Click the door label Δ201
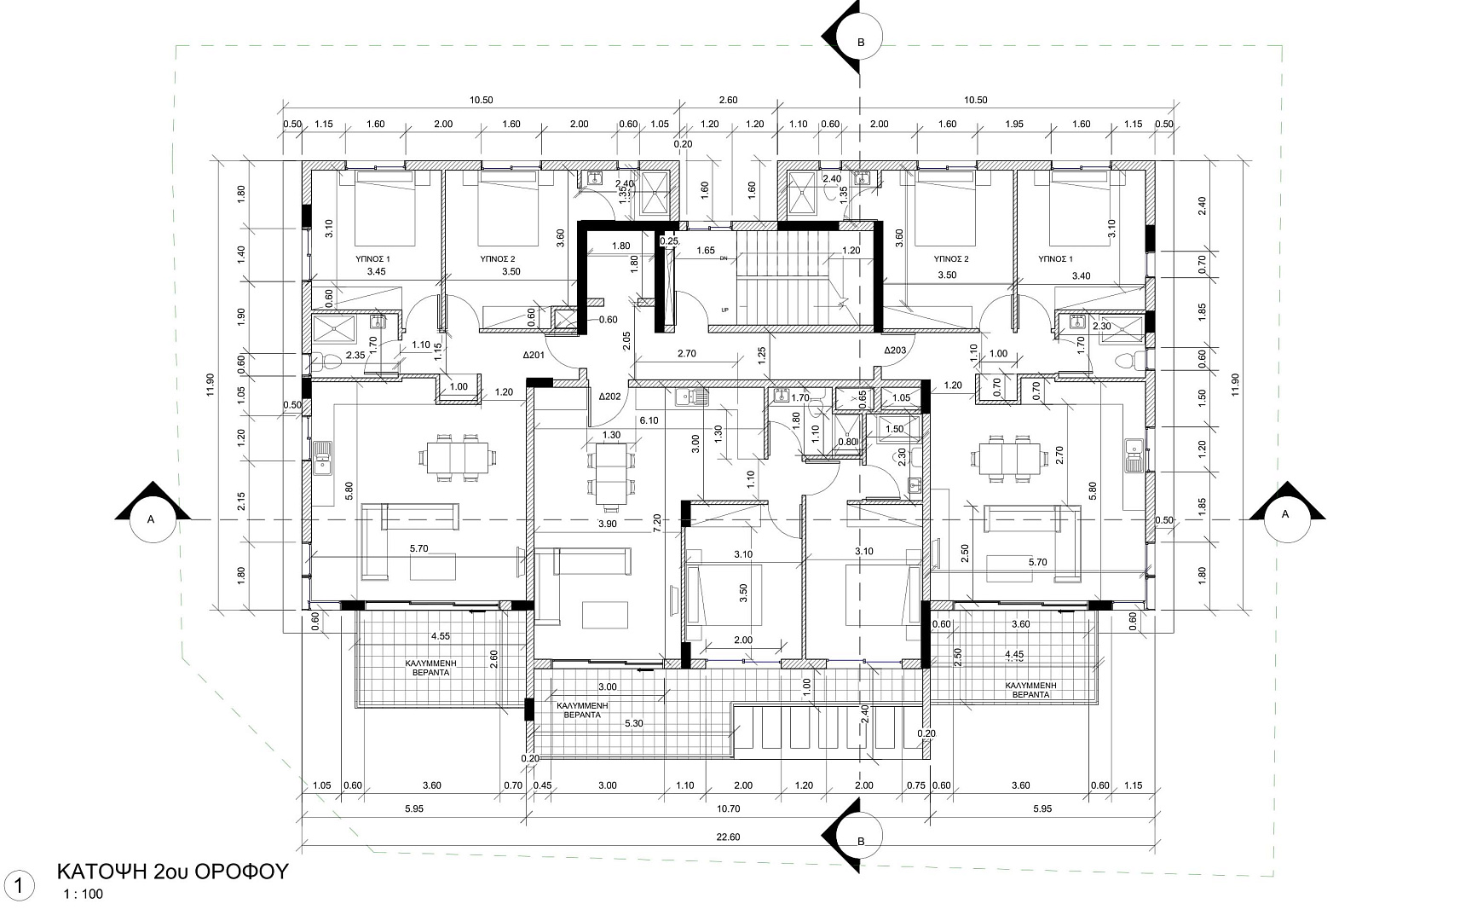[534, 356]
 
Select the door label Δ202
[609, 396]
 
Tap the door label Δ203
[895, 350]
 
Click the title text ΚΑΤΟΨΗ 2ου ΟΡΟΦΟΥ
[173, 872]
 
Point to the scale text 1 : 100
[84, 895]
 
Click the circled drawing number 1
[18, 886]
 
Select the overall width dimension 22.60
[728, 837]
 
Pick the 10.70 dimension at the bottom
[728, 808]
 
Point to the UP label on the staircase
[724, 310]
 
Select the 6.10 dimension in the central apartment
[649, 420]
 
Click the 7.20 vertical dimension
[658, 522]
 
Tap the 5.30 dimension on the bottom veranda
[633, 723]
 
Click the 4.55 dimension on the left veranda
[440, 636]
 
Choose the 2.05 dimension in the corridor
[626, 341]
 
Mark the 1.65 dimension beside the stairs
[705, 251]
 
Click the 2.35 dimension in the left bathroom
[355, 356]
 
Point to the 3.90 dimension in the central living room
[608, 524]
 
